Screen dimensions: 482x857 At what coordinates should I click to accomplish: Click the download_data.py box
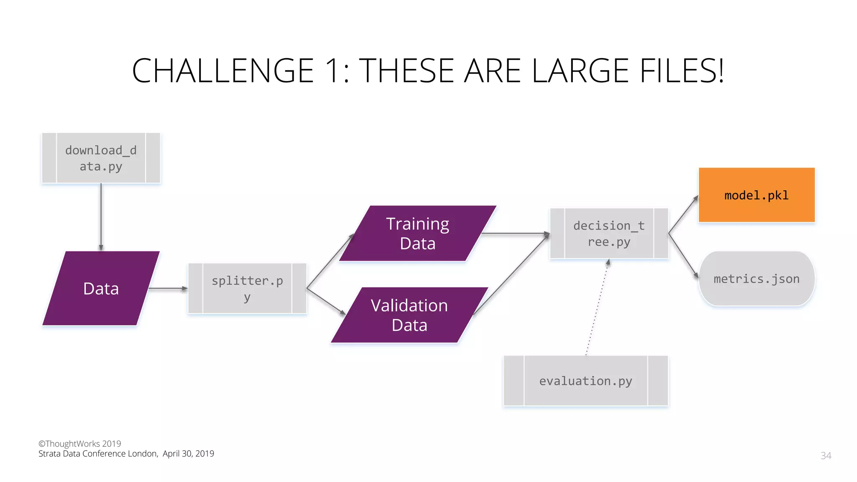101,158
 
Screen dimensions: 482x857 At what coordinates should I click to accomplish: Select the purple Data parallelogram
101,288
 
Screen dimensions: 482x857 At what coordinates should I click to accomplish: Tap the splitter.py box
247,288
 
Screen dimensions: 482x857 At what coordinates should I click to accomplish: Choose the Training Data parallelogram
418,233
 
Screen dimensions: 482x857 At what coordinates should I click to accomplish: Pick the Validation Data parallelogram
409,315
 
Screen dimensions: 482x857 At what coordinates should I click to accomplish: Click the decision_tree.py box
609,233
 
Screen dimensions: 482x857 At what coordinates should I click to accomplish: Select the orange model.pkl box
757,195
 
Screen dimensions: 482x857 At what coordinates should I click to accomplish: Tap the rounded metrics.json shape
757,279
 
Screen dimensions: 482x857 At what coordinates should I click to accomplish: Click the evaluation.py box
585,381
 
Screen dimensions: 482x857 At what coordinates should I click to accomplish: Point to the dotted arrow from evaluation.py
597,308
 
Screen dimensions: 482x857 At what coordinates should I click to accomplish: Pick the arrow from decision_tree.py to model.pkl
683,214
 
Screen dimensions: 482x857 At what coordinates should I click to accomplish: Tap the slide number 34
826,456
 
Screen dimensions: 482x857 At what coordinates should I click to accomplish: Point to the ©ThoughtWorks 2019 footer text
80,444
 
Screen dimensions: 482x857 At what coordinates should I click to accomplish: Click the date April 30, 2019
188,454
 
